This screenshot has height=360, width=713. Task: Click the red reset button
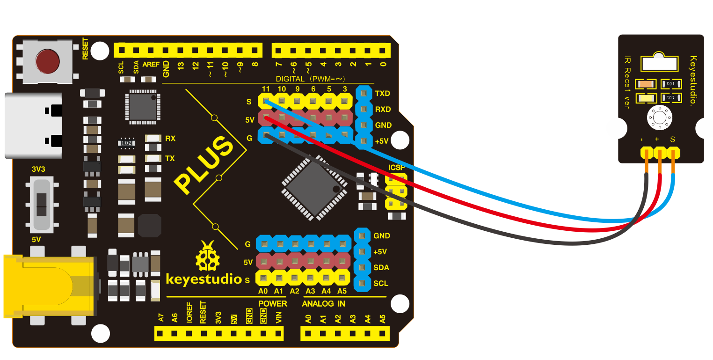pyautogui.click(x=47, y=61)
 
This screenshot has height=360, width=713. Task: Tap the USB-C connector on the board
pyautogui.click(x=33, y=125)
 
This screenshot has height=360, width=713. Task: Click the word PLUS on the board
pyautogui.click(x=204, y=164)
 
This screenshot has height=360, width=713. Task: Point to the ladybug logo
pyautogui.click(x=208, y=256)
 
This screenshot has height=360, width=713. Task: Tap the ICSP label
pyautogui.click(x=396, y=168)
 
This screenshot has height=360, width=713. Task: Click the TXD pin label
pyautogui.click(x=382, y=93)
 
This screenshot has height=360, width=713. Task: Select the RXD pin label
pyautogui.click(x=383, y=109)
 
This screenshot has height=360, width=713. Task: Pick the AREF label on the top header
pyautogui.click(x=151, y=64)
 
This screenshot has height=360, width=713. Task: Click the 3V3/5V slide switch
pyautogui.click(x=42, y=205)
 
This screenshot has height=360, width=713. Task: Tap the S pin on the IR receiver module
pyautogui.click(x=673, y=153)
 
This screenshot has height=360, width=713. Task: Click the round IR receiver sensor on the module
pyautogui.click(x=660, y=117)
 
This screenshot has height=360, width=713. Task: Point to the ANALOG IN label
pyautogui.click(x=323, y=304)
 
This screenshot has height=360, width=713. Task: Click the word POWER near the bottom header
pyautogui.click(x=272, y=304)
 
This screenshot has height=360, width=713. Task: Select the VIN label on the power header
pyautogui.click(x=278, y=317)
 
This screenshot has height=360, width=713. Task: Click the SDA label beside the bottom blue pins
pyautogui.click(x=381, y=268)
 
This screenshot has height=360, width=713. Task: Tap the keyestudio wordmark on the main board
pyautogui.click(x=204, y=279)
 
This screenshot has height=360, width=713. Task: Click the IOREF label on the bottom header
pyautogui.click(x=189, y=313)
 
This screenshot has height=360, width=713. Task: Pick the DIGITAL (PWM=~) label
pyautogui.click(x=310, y=79)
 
